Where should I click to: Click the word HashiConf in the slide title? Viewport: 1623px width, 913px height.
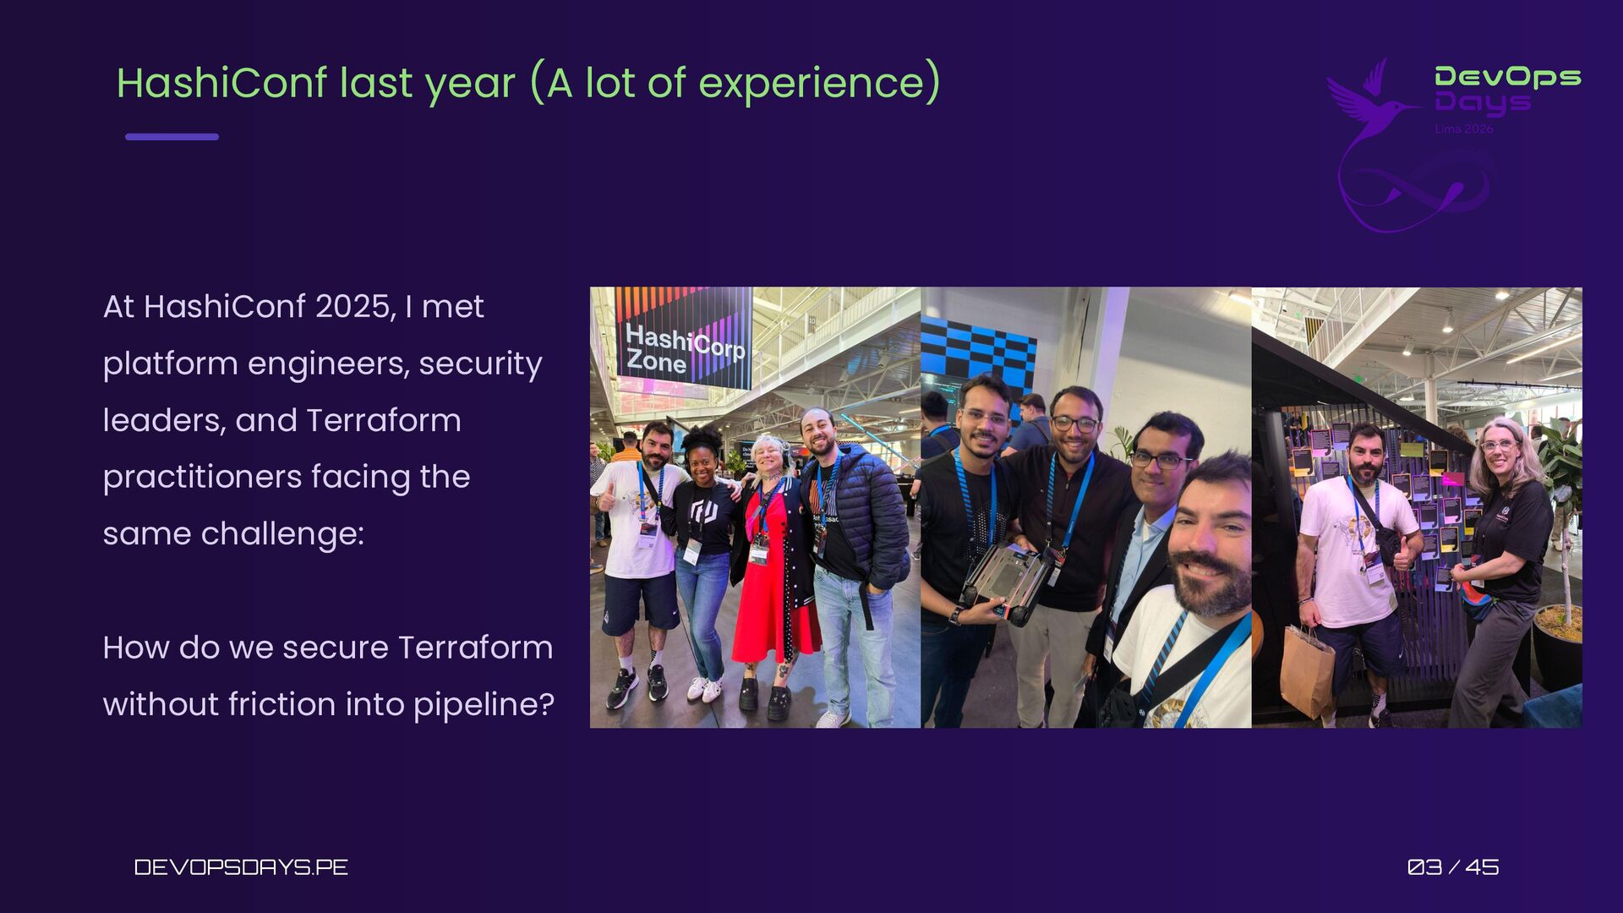pyautogui.click(x=221, y=82)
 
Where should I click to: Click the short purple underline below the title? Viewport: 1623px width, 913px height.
pyautogui.click(x=172, y=136)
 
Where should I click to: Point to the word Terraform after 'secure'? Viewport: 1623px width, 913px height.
pyautogui.click(x=475, y=648)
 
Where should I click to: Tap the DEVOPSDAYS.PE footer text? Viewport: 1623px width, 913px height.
pyautogui.click(x=241, y=867)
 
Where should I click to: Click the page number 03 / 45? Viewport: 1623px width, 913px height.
pyautogui.click(x=1453, y=867)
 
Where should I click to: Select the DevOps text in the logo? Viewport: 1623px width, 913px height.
pyautogui.click(x=1508, y=78)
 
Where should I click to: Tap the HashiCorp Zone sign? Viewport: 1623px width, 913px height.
pyautogui.click(x=684, y=337)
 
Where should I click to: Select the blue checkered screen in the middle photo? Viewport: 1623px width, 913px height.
pyautogui.click(x=978, y=359)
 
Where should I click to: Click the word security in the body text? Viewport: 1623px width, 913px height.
pyautogui.click(x=480, y=364)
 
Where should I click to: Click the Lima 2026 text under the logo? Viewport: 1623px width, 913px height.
pyautogui.click(x=1464, y=128)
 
